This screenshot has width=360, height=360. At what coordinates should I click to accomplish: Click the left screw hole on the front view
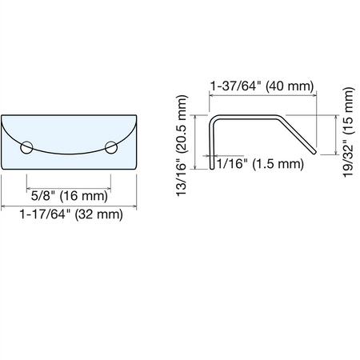[x=26, y=148]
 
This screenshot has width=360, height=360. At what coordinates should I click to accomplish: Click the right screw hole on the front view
[x=111, y=148]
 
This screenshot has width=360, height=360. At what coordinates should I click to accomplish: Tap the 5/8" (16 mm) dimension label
[x=70, y=196]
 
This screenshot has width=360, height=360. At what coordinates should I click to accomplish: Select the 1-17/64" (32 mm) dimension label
[x=71, y=214]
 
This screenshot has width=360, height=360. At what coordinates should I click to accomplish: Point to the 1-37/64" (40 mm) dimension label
[x=262, y=86]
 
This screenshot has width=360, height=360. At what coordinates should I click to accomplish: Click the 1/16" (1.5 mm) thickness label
[x=260, y=163]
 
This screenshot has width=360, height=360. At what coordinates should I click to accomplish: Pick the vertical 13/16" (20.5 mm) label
[x=182, y=146]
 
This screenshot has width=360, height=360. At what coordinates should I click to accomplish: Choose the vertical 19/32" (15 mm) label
[x=348, y=132]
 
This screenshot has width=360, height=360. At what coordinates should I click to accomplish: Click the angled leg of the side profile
[x=298, y=134]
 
